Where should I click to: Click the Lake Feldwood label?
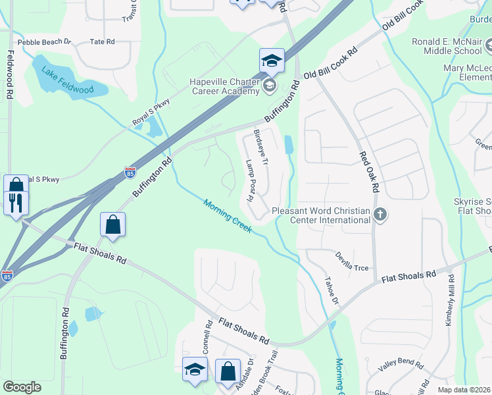click(x=66, y=79)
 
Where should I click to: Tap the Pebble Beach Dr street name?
click(x=44, y=41)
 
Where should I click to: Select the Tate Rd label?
click(x=102, y=41)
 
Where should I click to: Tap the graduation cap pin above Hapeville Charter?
click(x=272, y=61)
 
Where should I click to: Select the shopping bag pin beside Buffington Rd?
click(x=113, y=224)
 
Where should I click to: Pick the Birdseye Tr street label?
click(x=261, y=147)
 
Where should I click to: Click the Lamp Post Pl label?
click(x=251, y=179)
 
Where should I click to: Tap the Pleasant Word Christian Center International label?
click(x=321, y=215)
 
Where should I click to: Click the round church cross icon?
click(x=380, y=214)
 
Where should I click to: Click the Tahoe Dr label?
click(x=330, y=290)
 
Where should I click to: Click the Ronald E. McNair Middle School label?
click(x=447, y=46)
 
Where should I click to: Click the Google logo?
click(x=22, y=387)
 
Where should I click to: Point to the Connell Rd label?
click(x=208, y=336)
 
